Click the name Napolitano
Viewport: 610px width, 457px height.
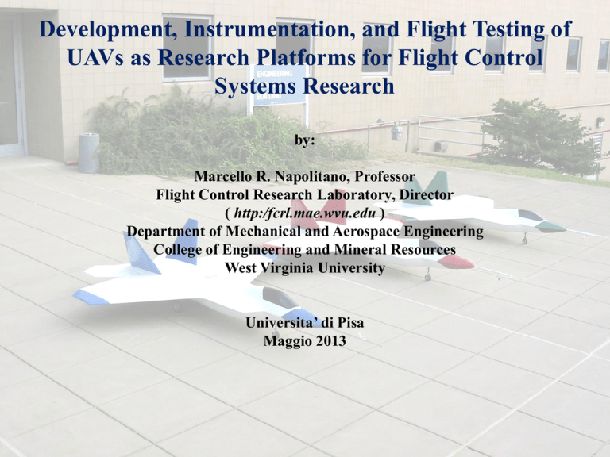click(311, 176)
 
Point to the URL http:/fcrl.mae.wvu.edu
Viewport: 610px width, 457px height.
click(305, 213)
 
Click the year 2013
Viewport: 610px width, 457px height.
click(330, 341)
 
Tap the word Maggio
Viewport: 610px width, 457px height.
click(288, 341)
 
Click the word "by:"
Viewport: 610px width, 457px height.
click(305, 140)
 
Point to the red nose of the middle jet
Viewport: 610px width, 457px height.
click(456, 262)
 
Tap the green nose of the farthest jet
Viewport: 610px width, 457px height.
click(550, 227)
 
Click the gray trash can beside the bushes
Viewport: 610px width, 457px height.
click(89, 152)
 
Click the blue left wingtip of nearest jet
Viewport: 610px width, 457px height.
click(91, 298)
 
